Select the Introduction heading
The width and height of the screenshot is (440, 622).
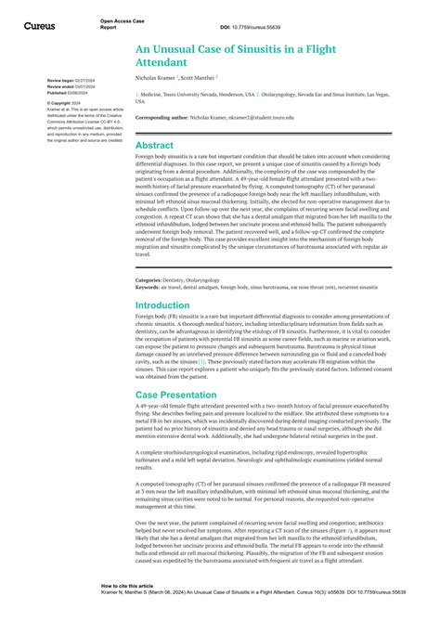(168, 279)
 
